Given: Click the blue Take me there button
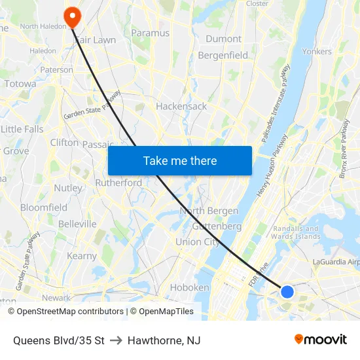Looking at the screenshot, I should tap(180, 160).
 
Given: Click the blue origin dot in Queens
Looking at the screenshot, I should tap(287, 291).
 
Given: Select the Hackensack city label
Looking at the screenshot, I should tap(181, 106).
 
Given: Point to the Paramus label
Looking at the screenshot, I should tap(150, 33).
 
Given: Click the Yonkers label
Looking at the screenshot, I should tap(317, 51).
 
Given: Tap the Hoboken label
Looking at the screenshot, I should tap(189, 287).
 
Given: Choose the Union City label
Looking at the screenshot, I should tap(198, 242).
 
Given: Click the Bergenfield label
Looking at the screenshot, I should tap(223, 56).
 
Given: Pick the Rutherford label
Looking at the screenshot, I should tap(118, 183).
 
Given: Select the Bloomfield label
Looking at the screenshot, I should tap(44, 207).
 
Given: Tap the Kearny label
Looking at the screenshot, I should tap(82, 256).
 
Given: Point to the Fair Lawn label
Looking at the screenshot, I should tap(96, 40).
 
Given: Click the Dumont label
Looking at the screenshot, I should tap(223, 39).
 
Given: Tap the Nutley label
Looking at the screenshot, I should tap(69, 188).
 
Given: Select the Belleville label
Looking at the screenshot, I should tap(77, 224).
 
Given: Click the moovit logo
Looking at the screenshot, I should tap(320, 339).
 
